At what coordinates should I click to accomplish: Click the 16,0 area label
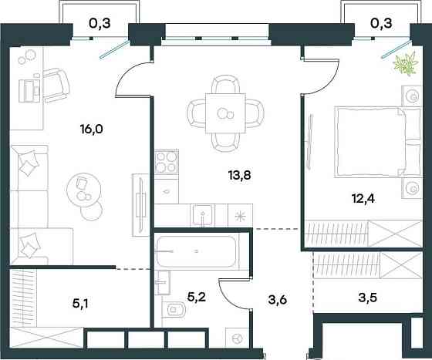click(92, 129)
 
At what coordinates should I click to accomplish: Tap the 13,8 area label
click(239, 175)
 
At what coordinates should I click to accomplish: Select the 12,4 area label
click(363, 198)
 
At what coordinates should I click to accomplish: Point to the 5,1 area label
click(82, 304)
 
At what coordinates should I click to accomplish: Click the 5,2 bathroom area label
click(196, 298)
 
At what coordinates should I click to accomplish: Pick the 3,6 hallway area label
click(278, 299)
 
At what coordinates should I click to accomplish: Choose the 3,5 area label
click(367, 298)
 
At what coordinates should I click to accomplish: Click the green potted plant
click(407, 64)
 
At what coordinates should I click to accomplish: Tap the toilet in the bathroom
click(174, 310)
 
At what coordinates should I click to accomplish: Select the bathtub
click(197, 251)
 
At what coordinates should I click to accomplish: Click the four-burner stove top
click(166, 162)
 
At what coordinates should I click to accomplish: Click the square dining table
click(225, 113)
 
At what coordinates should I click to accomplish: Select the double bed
click(378, 142)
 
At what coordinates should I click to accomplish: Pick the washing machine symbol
click(238, 338)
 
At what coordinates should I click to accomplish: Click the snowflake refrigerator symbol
click(240, 216)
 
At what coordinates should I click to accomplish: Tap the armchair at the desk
click(56, 86)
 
